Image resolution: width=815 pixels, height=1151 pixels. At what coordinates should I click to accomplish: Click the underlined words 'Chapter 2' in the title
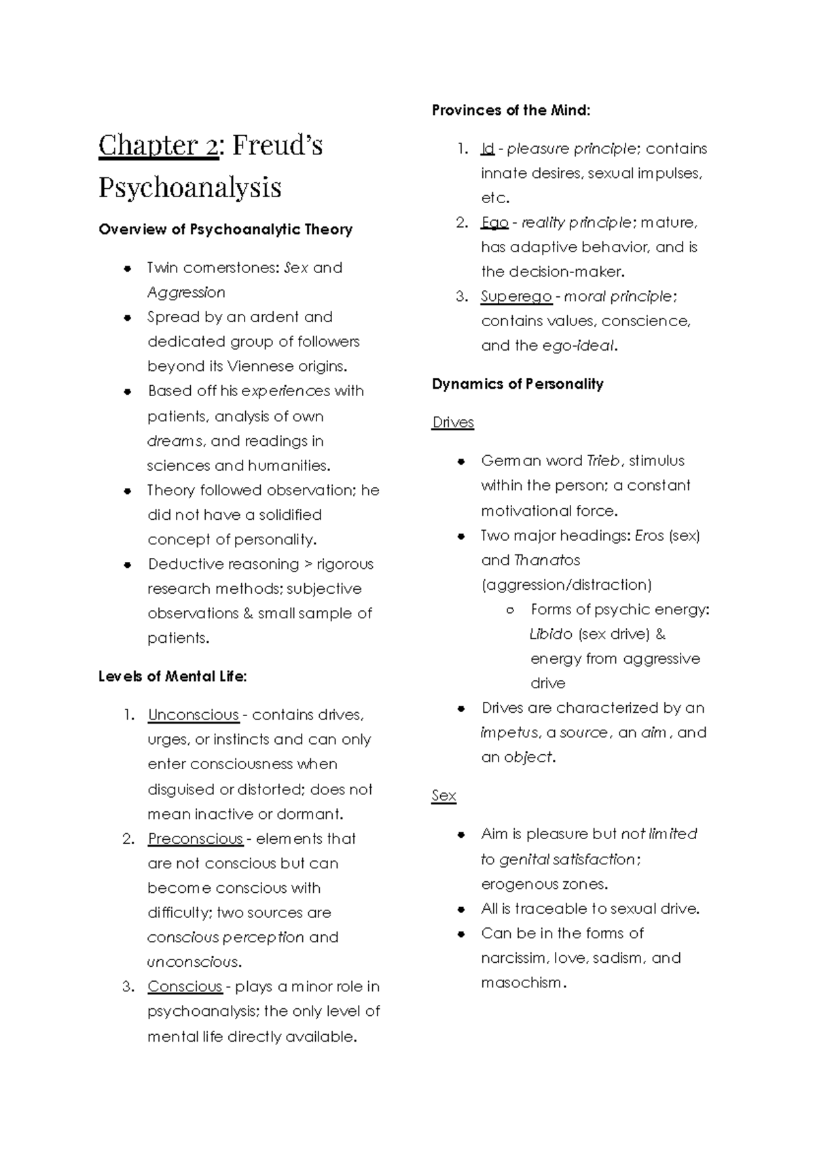[158, 145]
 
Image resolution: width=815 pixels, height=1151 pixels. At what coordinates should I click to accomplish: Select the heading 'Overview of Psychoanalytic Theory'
[225, 230]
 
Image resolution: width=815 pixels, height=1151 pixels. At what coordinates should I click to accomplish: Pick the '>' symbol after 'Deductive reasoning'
[308, 564]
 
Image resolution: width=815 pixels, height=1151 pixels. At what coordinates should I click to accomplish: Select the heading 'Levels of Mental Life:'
[173, 677]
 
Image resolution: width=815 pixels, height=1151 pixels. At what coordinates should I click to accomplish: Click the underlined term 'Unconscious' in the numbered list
[193, 715]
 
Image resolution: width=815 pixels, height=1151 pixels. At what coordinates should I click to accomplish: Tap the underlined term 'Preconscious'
[195, 838]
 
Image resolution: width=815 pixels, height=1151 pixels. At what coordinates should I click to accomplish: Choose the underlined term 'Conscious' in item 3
[185, 987]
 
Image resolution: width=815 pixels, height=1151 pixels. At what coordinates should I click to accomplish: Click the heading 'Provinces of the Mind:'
[511, 110]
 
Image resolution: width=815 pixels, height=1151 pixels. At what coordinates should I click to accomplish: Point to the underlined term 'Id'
[487, 149]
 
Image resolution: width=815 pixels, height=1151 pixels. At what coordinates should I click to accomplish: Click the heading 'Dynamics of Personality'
[518, 384]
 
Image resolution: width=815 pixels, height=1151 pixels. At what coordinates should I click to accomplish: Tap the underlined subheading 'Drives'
[453, 423]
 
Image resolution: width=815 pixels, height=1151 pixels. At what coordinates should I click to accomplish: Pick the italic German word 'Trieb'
[604, 461]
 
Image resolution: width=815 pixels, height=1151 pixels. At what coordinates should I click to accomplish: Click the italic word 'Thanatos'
[547, 560]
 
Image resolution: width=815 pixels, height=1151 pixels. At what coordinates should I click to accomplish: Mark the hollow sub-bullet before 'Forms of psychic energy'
[511, 610]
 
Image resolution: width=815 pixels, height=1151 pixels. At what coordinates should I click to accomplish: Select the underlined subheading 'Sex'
[443, 796]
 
